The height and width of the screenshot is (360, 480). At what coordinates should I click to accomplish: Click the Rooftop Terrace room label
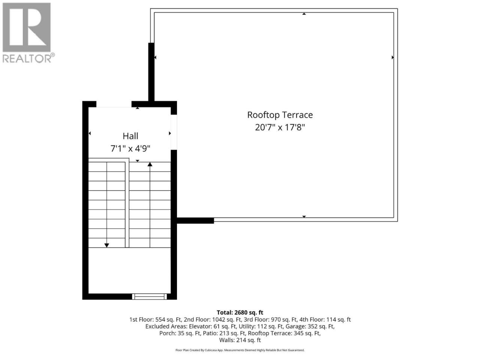(280, 115)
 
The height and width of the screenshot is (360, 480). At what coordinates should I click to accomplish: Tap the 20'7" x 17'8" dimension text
(280, 127)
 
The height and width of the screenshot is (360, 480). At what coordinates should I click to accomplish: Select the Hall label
(130, 136)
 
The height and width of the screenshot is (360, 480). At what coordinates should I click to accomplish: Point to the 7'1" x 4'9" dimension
(130, 148)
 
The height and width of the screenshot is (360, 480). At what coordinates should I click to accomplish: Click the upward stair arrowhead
(150, 164)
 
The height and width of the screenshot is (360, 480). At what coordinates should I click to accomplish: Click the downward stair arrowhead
(107, 246)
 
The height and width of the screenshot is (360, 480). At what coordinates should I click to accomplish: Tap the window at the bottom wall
(149, 297)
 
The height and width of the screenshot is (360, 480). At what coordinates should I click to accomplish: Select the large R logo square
(27, 27)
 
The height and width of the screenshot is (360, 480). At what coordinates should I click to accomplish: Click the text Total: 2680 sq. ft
(240, 313)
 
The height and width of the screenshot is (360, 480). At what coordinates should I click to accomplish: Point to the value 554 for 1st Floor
(160, 319)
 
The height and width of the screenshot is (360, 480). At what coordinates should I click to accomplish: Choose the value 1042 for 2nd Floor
(218, 319)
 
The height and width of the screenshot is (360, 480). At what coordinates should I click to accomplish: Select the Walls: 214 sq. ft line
(240, 340)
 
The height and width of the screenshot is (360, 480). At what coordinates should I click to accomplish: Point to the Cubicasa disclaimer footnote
(240, 350)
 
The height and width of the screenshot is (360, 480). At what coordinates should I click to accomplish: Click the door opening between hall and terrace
(174, 132)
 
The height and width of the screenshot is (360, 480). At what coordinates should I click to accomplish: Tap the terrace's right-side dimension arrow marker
(393, 57)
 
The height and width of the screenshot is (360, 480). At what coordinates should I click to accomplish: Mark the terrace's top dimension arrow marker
(304, 14)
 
